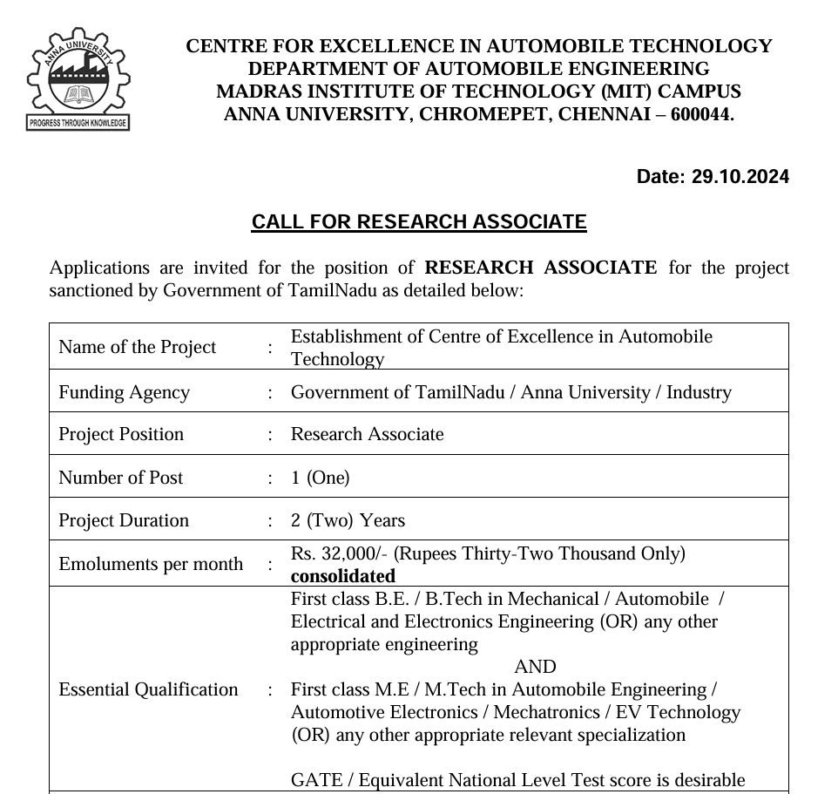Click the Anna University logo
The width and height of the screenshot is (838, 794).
click(x=78, y=76)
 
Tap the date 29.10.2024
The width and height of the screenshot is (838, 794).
click(x=740, y=177)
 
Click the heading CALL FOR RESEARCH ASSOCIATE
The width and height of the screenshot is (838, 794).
click(x=419, y=222)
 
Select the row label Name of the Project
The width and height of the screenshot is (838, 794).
click(x=137, y=347)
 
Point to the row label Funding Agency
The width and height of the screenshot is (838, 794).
click(x=124, y=392)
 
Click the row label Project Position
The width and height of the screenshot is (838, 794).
click(x=121, y=434)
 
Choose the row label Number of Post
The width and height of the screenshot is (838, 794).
click(x=120, y=478)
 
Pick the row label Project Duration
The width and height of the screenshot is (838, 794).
click(x=124, y=520)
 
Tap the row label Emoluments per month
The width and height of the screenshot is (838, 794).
click(x=151, y=564)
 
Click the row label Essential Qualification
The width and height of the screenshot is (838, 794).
click(x=148, y=689)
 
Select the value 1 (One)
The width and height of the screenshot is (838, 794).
click(x=320, y=478)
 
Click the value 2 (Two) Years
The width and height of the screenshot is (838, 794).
click(x=348, y=520)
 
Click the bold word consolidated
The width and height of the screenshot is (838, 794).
click(x=342, y=576)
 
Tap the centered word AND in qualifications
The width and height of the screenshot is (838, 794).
click(x=535, y=667)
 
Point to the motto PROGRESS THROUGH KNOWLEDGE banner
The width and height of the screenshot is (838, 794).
click(x=78, y=123)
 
